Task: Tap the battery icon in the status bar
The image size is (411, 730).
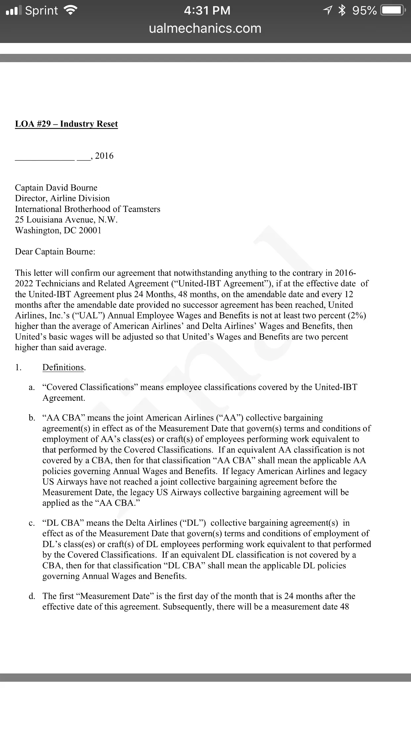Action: tap(393, 11)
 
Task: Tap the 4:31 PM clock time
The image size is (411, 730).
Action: tap(207, 11)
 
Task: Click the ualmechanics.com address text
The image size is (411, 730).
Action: tap(205, 28)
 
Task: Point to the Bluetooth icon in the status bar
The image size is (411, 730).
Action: tap(342, 11)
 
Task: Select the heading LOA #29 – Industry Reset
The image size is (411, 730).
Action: tap(66, 124)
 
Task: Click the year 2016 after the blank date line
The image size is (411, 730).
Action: tap(104, 156)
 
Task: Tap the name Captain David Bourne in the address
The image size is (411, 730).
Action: tap(56, 188)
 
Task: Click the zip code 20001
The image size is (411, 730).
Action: tap(90, 230)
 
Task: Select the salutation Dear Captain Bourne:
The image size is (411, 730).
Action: tap(55, 252)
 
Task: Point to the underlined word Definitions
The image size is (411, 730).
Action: tap(63, 368)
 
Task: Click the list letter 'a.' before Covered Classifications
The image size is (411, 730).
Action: tap(32, 387)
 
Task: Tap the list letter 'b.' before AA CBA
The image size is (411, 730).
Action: tap(32, 418)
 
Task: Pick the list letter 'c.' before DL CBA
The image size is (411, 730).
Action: tap(32, 523)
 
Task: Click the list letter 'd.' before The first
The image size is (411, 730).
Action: tap(32, 596)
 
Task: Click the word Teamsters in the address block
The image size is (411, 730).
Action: tap(142, 209)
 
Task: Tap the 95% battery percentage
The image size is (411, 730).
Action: tap(364, 11)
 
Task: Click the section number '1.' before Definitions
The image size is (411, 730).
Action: tap(18, 368)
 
